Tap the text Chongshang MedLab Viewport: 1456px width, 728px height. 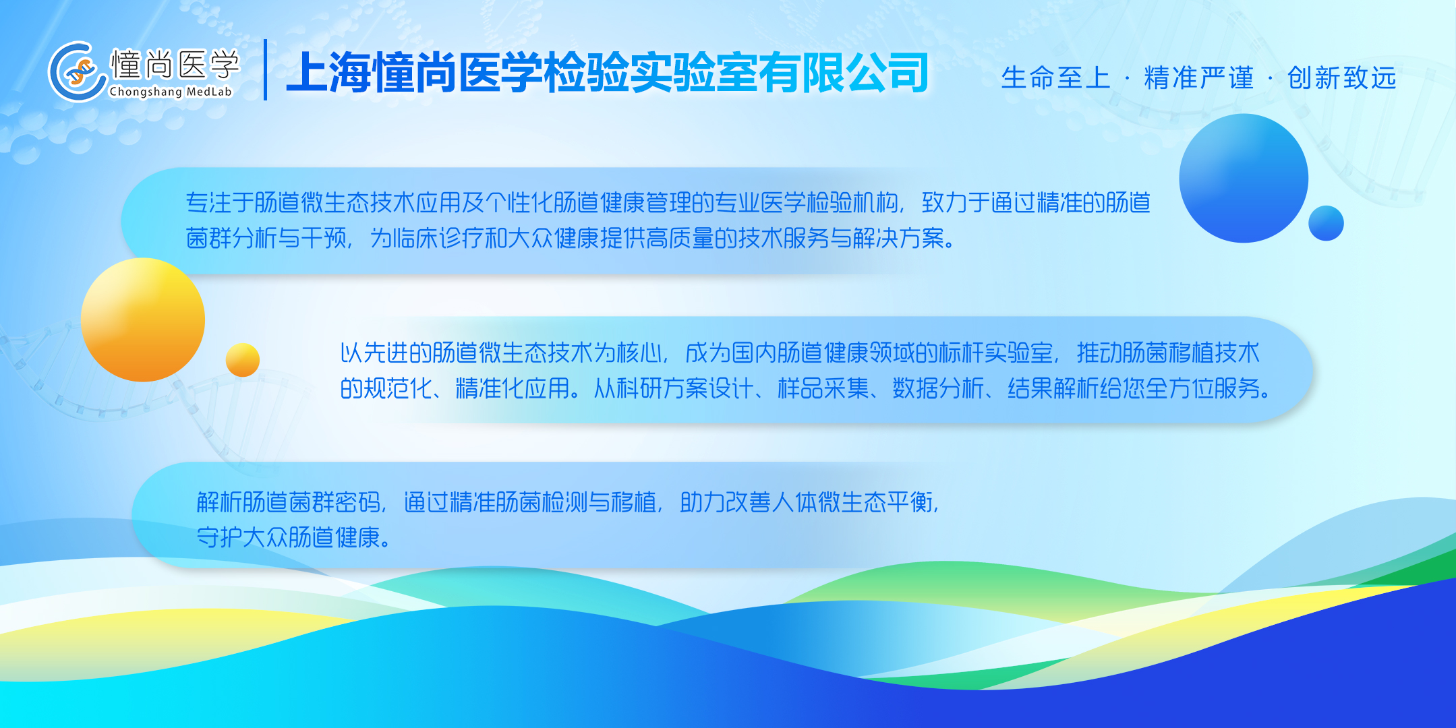171,92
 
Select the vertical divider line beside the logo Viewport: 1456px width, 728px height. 266,69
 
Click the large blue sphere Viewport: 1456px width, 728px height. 1244,178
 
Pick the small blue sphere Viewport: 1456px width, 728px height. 1326,223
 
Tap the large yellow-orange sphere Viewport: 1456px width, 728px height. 143,320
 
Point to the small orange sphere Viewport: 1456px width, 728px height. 243,360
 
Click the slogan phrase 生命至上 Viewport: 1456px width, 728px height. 1055,78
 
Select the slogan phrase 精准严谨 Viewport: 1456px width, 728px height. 1198,78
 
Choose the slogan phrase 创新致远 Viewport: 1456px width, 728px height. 1341,78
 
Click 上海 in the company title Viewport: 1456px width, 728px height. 329,72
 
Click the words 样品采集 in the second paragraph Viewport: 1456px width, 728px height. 823,388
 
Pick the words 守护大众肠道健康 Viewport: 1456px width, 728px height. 289,537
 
